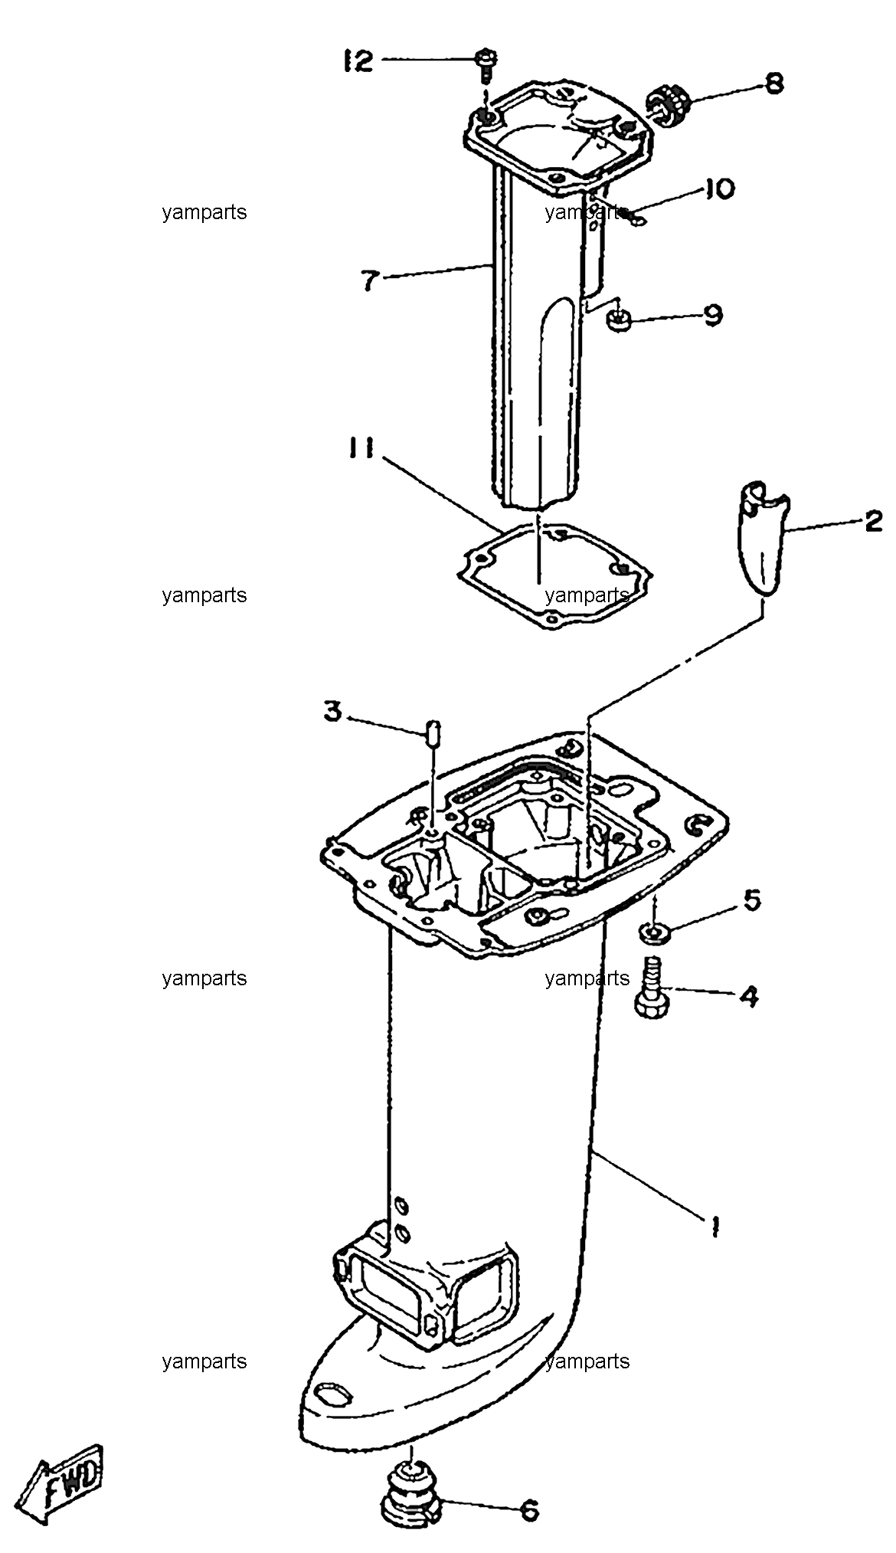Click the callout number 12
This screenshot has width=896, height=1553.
357,61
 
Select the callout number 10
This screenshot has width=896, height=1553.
718,189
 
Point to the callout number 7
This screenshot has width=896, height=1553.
370,280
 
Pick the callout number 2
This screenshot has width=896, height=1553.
872,522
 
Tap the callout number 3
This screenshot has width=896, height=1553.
332,712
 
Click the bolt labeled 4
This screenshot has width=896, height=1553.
652,988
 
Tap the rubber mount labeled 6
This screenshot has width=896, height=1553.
412,1490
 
